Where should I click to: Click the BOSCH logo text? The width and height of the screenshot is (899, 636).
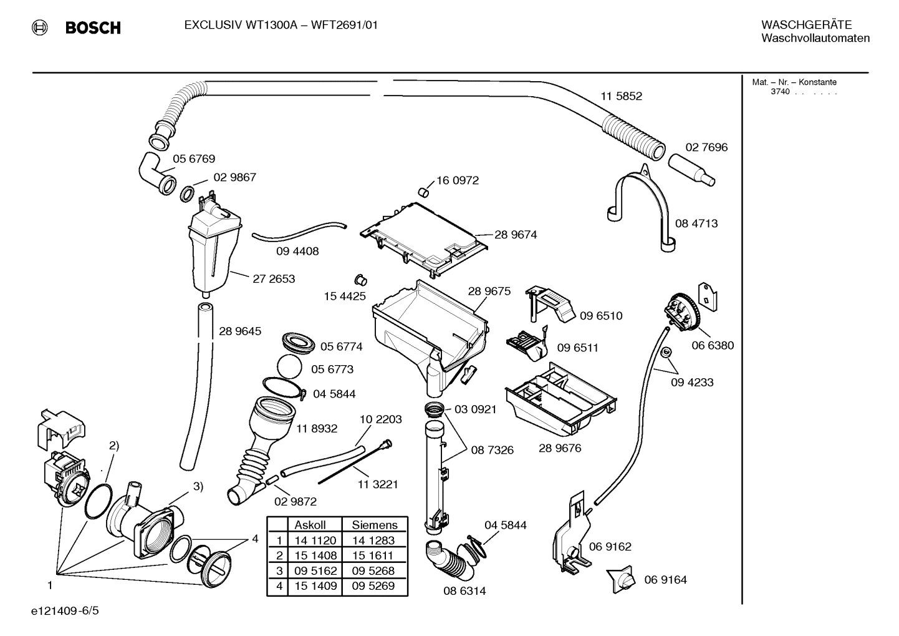click(93, 27)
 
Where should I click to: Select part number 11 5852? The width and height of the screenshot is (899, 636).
click(621, 96)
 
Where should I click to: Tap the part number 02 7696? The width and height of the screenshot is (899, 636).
click(706, 147)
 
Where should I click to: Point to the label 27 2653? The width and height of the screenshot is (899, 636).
click(274, 279)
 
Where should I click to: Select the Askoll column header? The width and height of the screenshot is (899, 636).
click(310, 526)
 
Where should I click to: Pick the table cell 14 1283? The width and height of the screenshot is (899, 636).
click(373, 541)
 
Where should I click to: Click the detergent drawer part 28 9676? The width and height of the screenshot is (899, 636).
click(561, 399)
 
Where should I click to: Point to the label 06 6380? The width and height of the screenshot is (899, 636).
click(713, 345)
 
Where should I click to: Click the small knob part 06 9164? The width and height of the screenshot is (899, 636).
click(622, 580)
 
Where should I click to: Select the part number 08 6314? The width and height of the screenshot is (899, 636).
click(464, 590)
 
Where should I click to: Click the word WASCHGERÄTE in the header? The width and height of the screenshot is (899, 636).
click(806, 25)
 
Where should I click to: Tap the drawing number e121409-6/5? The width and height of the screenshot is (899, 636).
click(64, 610)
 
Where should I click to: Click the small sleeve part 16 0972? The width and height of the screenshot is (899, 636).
click(423, 190)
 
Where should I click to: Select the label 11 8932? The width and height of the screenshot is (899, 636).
click(317, 429)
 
